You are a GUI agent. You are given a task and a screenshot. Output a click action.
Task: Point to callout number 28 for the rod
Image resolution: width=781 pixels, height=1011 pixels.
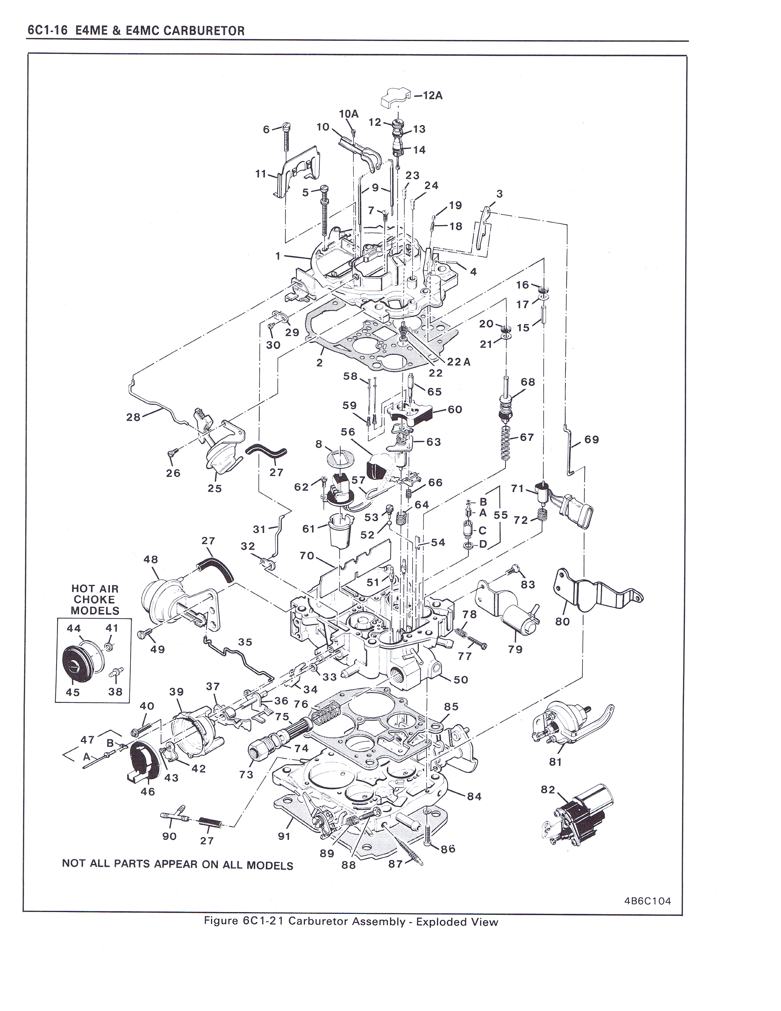[133, 417]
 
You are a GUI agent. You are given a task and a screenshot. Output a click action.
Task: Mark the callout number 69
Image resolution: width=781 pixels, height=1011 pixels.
[591, 439]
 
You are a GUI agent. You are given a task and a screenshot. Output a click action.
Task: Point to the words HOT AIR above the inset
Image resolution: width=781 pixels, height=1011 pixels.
[95, 589]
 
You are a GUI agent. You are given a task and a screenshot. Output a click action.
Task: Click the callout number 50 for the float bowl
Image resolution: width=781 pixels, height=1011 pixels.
[461, 680]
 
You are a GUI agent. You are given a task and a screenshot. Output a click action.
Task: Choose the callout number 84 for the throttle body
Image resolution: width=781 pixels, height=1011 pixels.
[474, 796]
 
